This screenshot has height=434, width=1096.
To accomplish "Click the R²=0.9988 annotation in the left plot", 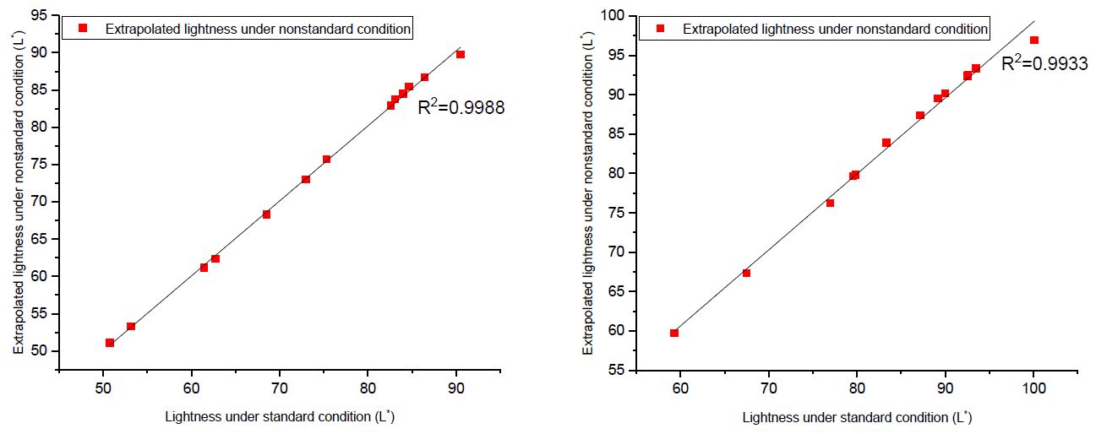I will pyautogui.click(x=461, y=107).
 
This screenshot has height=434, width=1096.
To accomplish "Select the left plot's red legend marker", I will pyautogui.click(x=83, y=29).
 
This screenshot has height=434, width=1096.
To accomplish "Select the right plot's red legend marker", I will pyautogui.click(x=661, y=29).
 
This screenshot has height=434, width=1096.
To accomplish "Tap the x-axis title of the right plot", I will pyautogui.click(x=857, y=416).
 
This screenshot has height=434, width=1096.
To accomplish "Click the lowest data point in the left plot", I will pyautogui.click(x=110, y=342).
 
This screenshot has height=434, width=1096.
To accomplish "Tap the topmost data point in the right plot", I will pyautogui.click(x=1033, y=40).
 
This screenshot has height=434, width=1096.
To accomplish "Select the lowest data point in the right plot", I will pyautogui.click(x=674, y=333).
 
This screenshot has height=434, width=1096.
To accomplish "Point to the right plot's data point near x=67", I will pyautogui.click(x=746, y=273).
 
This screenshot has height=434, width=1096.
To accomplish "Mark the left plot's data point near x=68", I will pyautogui.click(x=266, y=214).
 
